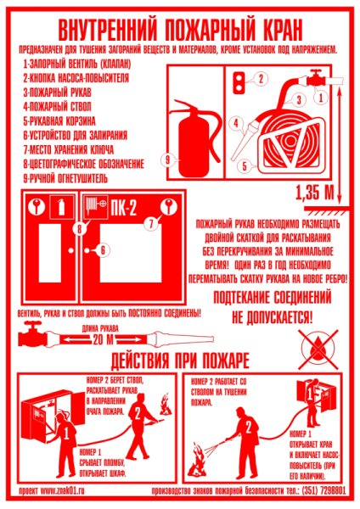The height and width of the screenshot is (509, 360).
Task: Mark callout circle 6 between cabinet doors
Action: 101,250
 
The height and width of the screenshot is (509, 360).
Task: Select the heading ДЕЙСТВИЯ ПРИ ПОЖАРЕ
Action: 179,357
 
